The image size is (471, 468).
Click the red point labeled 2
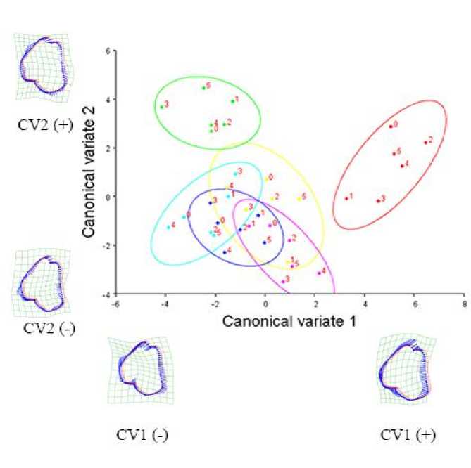pyautogui.click(x=425, y=142)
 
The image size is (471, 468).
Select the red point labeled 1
pyautogui.click(x=346, y=198)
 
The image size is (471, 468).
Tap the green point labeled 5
pyautogui.click(x=203, y=88)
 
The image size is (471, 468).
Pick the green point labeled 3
pyautogui.click(x=162, y=107)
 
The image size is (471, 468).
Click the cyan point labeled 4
pyautogui.click(x=169, y=226)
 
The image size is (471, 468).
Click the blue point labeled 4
pyautogui.click(x=225, y=252)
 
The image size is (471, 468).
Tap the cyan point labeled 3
pyautogui.click(x=235, y=174)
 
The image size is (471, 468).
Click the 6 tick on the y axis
pyautogui.click(x=108, y=51)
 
